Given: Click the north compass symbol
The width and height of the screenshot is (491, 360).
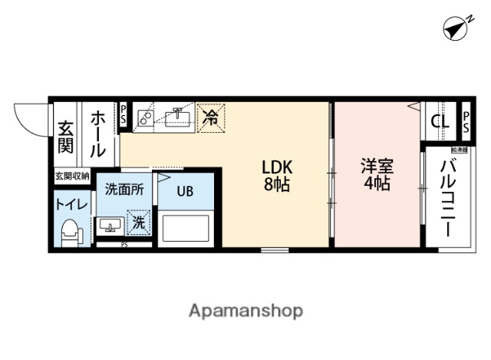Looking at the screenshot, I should (x=456, y=28).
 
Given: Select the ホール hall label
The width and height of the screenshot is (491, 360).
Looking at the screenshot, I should (x=100, y=135).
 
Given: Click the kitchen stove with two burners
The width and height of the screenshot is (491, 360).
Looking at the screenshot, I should (x=146, y=117).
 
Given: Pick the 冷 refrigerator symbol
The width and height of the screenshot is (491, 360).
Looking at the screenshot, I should (x=209, y=118).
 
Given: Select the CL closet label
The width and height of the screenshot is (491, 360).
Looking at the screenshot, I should (x=440, y=121).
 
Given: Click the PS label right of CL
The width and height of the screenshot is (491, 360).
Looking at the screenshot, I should (x=466, y=121).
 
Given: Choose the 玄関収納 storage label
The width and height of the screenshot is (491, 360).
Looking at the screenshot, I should (x=71, y=177).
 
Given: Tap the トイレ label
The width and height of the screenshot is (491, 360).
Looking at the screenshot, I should (x=71, y=205).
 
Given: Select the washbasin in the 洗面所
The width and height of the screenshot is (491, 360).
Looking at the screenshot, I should (x=110, y=226).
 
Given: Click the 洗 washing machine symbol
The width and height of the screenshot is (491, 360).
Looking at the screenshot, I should (x=139, y=223).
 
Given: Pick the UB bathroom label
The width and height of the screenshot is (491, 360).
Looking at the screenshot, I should (x=186, y=191).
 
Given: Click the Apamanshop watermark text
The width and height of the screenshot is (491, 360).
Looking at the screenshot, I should (x=245, y=310).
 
